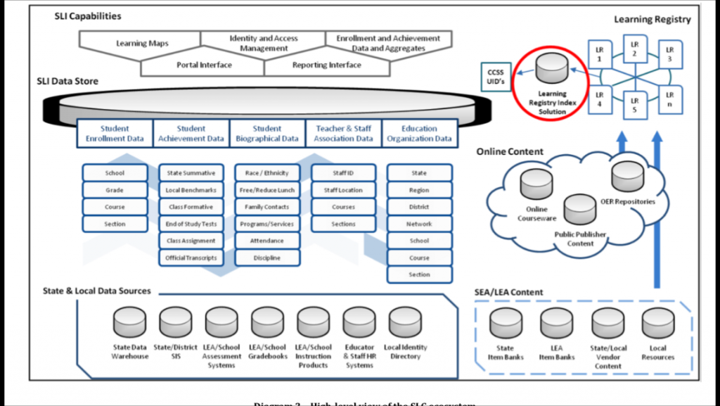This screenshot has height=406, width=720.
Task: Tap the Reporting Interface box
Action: click(x=326, y=65)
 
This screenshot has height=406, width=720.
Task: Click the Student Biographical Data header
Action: click(x=267, y=134)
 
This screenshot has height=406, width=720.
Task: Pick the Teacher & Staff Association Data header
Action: click(x=344, y=134)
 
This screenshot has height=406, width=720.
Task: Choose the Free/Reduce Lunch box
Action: click(x=267, y=190)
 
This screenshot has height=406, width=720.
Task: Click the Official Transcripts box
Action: click(x=191, y=258)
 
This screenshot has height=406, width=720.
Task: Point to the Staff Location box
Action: click(x=343, y=190)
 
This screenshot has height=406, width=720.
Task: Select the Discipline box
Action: click(x=267, y=258)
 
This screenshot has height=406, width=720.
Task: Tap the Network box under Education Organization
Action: click(x=419, y=224)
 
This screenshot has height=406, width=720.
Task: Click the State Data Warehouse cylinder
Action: click(x=130, y=322)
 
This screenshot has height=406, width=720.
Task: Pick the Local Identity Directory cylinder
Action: click(x=406, y=322)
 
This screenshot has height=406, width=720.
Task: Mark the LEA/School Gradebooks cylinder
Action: click(x=268, y=322)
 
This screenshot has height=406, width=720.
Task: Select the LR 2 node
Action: click(x=634, y=49)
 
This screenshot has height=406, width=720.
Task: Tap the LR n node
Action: click(x=670, y=99)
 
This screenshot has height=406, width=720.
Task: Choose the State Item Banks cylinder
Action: click(x=506, y=324)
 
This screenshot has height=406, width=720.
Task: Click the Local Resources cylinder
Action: click(x=658, y=324)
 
